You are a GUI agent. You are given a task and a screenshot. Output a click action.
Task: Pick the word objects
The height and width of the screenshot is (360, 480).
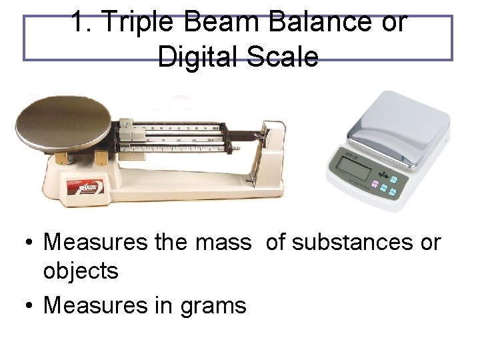tap(81, 271)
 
